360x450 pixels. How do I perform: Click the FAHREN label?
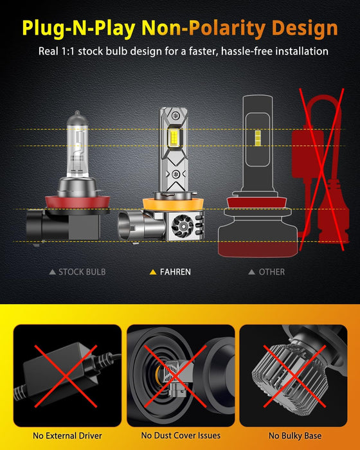click(x=175, y=272)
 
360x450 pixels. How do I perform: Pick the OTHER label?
click(x=271, y=272)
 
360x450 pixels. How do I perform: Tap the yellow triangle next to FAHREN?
click(x=153, y=272)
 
